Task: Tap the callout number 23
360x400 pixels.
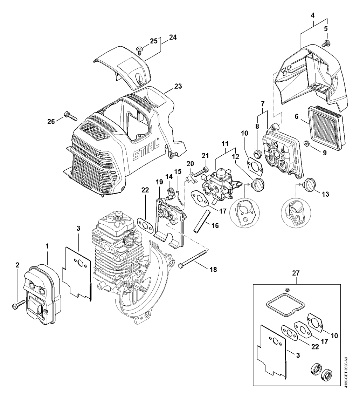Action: [178, 86]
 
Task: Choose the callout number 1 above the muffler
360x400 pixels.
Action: [47, 246]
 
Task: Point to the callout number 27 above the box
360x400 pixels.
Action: [296, 273]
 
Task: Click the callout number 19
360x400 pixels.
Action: [159, 182]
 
